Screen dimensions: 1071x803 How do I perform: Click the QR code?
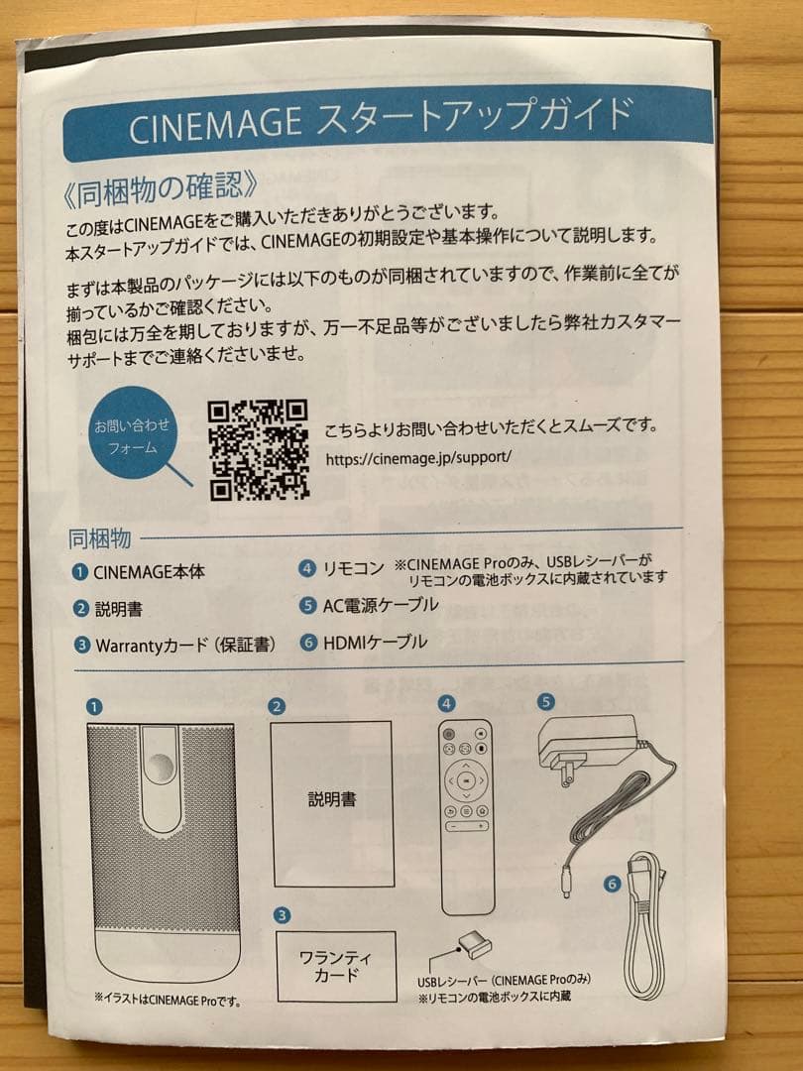259,449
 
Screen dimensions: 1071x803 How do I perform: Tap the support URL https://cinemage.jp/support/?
417,459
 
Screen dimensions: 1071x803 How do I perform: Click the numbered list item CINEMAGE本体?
149,572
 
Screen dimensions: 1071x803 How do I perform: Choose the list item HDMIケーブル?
375,643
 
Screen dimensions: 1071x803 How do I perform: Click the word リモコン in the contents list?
353,569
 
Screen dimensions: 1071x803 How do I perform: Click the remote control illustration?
465,815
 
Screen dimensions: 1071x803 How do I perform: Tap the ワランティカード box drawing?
334,966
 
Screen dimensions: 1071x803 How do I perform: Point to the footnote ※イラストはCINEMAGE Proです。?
167,1002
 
